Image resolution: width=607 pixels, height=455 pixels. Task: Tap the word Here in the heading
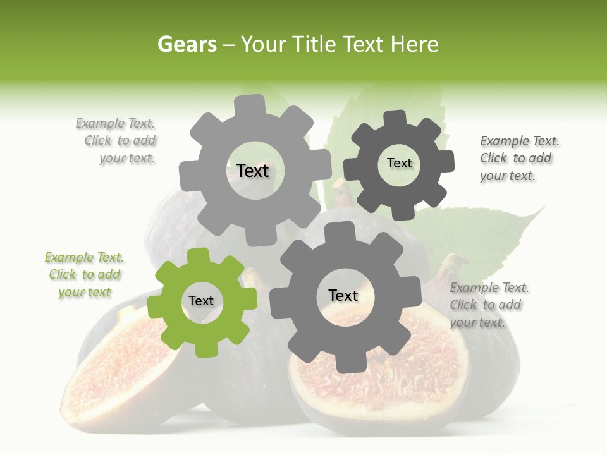[x=415, y=44]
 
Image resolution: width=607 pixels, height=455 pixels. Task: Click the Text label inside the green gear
[x=201, y=301]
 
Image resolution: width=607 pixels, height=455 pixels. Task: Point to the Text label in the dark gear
[x=399, y=163]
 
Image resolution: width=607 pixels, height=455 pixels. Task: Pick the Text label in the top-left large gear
[x=252, y=171]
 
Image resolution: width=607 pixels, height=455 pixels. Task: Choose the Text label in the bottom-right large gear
[x=343, y=295]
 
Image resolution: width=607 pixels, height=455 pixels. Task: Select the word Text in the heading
[x=364, y=44]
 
